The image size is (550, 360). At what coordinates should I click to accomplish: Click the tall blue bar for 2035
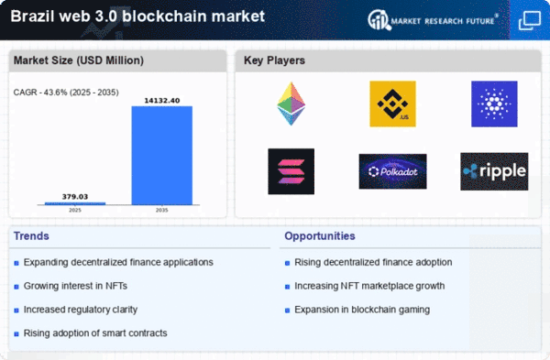pyautogui.click(x=161, y=156)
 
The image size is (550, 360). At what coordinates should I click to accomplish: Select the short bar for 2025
pyautogui.click(x=75, y=203)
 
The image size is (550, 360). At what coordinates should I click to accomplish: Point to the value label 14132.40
pyautogui.click(x=162, y=101)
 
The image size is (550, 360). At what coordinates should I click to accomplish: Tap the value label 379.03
pyautogui.click(x=75, y=197)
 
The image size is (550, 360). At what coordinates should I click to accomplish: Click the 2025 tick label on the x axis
pyautogui.click(x=75, y=210)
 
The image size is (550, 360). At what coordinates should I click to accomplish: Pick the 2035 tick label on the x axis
pyautogui.click(x=161, y=210)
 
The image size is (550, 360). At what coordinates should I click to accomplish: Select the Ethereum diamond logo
pyautogui.click(x=291, y=104)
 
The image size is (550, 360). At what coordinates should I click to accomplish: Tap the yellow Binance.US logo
pyautogui.click(x=392, y=104)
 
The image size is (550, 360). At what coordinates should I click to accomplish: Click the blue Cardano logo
pyautogui.click(x=494, y=104)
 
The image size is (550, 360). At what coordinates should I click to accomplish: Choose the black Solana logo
pyautogui.click(x=291, y=171)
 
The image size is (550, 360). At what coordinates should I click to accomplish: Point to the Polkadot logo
pyautogui.click(x=393, y=171)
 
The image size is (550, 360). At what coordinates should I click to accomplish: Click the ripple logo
pyautogui.click(x=494, y=171)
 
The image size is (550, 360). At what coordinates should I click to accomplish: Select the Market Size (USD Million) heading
pyautogui.click(x=79, y=60)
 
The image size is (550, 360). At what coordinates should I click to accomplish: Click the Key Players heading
pyautogui.click(x=274, y=60)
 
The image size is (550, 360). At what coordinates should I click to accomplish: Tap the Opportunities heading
pyautogui.click(x=320, y=236)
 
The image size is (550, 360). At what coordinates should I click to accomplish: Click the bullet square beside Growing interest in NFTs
pyautogui.click(x=16, y=287)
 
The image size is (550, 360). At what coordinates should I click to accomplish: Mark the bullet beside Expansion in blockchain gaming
pyautogui.click(x=287, y=311)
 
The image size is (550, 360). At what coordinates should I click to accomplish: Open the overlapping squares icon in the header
pyautogui.click(x=530, y=20)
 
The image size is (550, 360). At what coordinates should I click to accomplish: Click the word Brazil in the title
pyautogui.click(x=33, y=16)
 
